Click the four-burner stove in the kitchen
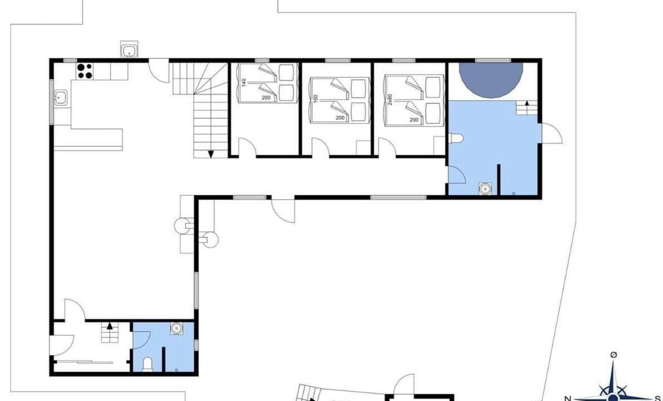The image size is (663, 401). pos(85,71)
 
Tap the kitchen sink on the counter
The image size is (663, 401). pos(60,97)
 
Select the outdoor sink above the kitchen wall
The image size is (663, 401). pos(129,50)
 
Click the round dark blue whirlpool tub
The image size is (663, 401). pos(491,79)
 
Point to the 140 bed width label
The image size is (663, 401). pos(243,82)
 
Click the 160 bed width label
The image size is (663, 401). pos(315,99)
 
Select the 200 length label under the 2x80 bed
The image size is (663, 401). pos(414,120)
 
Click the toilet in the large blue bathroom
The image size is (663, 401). pos(456,138)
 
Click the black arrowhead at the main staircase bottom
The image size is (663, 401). pos(211,154)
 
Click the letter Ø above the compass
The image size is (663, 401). pos(613,355)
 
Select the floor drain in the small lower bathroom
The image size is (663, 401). pos(176,370)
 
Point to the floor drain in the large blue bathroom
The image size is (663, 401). pos(514,193)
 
